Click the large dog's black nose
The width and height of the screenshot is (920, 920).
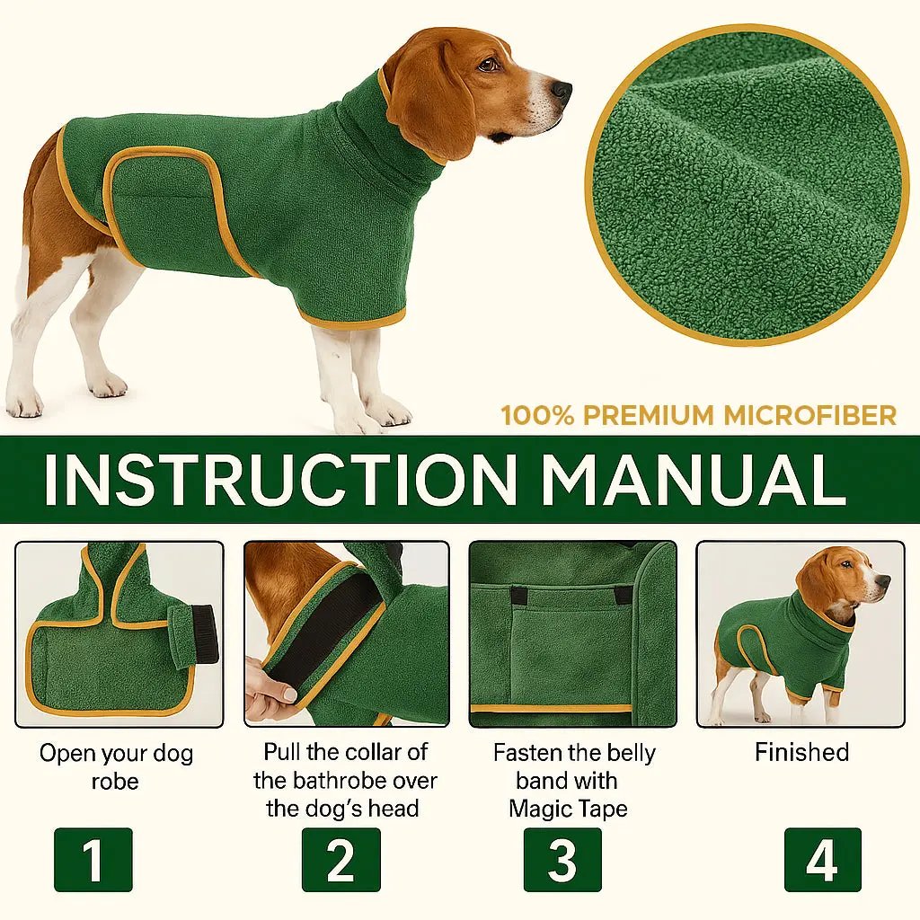(x=562, y=91)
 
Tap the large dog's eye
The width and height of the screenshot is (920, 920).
(x=489, y=65)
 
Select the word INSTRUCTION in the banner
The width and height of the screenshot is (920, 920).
(x=279, y=480)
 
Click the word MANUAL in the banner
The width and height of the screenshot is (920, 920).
(x=692, y=480)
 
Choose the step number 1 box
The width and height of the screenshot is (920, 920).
(x=93, y=860)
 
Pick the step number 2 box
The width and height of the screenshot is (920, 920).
(x=341, y=860)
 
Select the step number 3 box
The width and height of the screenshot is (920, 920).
(x=562, y=860)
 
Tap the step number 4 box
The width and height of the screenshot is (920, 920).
(x=822, y=860)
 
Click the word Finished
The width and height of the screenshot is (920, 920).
(x=801, y=752)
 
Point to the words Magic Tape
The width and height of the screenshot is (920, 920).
(x=568, y=808)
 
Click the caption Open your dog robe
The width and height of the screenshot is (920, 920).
(x=116, y=766)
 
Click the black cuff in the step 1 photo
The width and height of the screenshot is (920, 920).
(x=205, y=634)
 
